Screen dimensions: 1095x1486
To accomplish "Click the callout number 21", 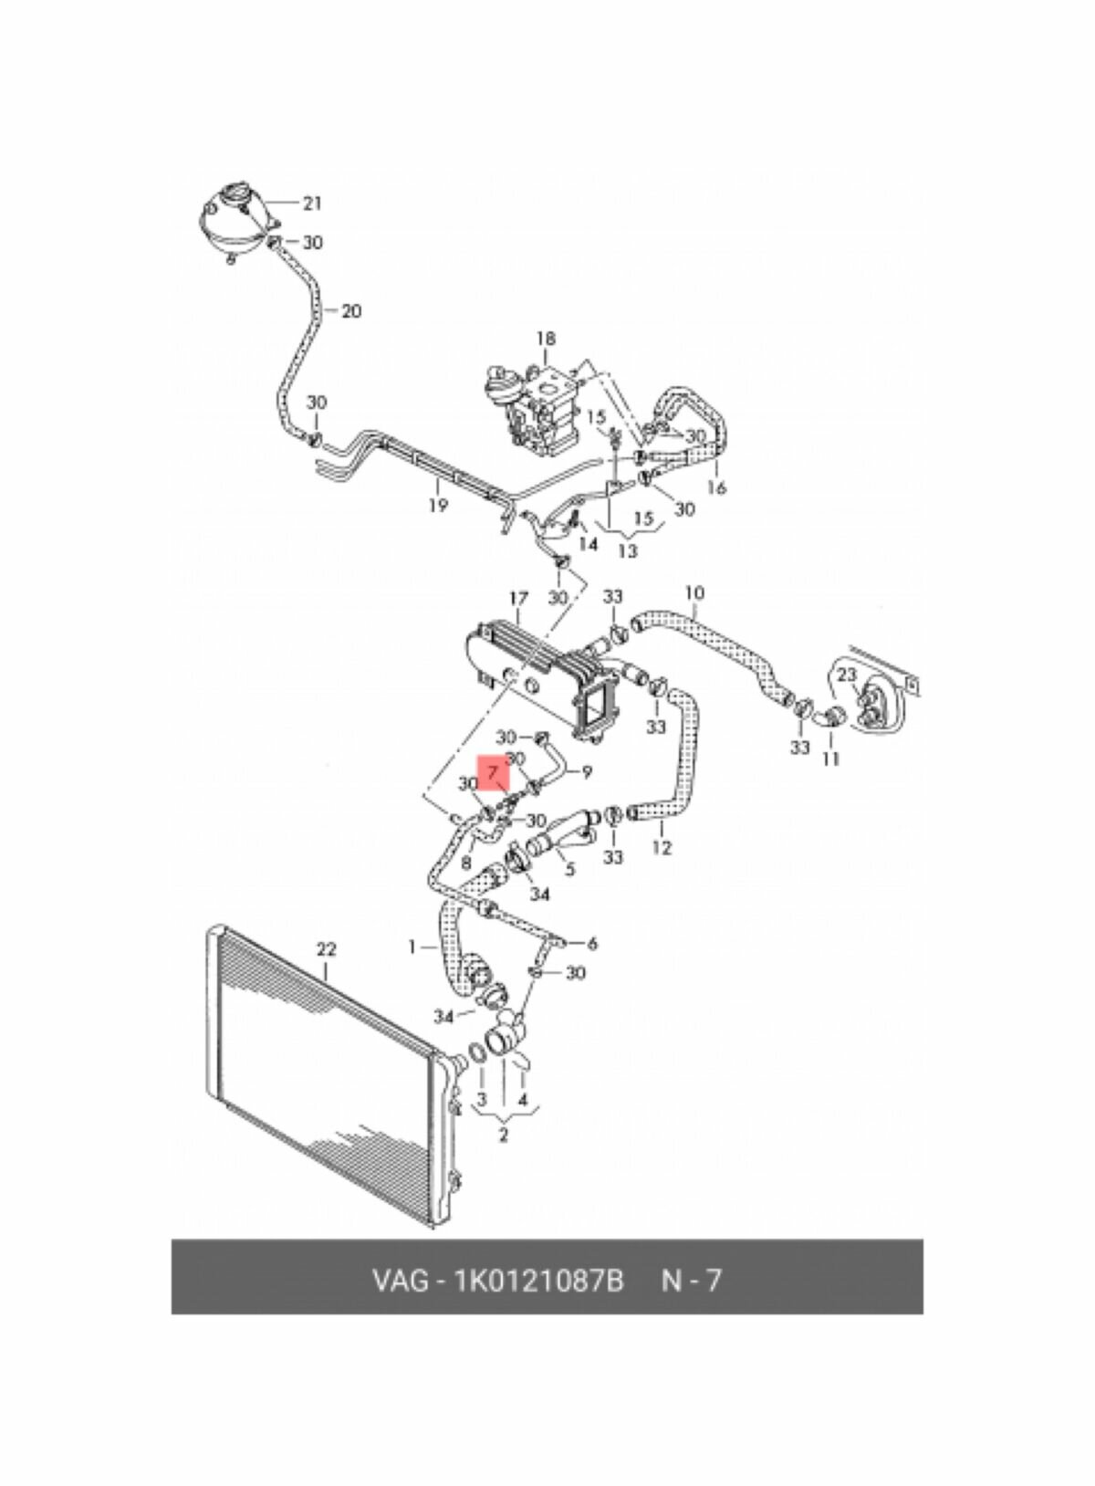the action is coord(312,203).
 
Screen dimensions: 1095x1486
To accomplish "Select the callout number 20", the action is coord(350,310).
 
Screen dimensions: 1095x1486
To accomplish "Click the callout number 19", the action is coord(438,506).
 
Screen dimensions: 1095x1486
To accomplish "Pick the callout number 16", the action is coord(717,487).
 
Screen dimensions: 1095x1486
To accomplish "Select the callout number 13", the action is coord(627,550).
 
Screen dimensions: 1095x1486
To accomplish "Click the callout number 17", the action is coord(518,599).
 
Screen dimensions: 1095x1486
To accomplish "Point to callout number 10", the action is coord(693,592).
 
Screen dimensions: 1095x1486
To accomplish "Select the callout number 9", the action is coord(587,771).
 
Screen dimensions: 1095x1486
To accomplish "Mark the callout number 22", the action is coord(326,949).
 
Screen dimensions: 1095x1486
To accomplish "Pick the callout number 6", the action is coord(592,943).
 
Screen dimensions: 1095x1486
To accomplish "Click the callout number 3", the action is coord(482,1099).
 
